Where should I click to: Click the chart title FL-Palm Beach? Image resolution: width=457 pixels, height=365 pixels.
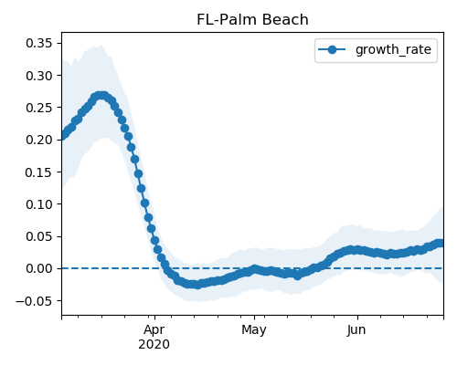point(252,20)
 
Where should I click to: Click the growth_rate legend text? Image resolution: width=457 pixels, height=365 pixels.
point(393,49)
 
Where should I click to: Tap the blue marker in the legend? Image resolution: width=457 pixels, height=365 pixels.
point(332,49)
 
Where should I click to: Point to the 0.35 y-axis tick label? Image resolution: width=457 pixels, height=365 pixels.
point(39,43)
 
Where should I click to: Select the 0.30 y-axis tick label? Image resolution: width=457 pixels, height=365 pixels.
point(39,76)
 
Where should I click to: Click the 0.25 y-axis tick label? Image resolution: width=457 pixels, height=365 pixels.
point(39,108)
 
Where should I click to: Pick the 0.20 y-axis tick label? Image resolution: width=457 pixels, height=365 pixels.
point(39,140)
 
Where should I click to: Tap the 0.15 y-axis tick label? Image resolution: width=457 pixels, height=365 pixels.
point(39,172)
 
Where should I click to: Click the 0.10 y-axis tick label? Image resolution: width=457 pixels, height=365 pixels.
point(39,204)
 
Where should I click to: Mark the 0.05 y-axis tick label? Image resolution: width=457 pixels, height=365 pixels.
point(39,236)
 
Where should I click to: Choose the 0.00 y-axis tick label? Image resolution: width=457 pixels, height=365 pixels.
point(39,268)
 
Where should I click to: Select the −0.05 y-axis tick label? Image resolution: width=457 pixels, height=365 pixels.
point(34,301)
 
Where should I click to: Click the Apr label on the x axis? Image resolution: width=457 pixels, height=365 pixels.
point(154,330)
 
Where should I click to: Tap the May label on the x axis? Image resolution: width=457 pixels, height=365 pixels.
point(254,330)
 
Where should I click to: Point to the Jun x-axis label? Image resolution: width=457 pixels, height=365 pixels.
point(356,330)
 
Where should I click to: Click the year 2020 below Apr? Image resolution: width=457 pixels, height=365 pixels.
point(154,345)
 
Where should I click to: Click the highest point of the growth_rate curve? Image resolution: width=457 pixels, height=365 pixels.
point(101,96)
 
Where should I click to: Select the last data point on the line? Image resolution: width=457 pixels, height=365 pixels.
point(441,243)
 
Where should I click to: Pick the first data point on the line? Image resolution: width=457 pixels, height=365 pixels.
point(63,135)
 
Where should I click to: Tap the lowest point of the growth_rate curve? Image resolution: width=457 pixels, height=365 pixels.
point(197,285)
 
